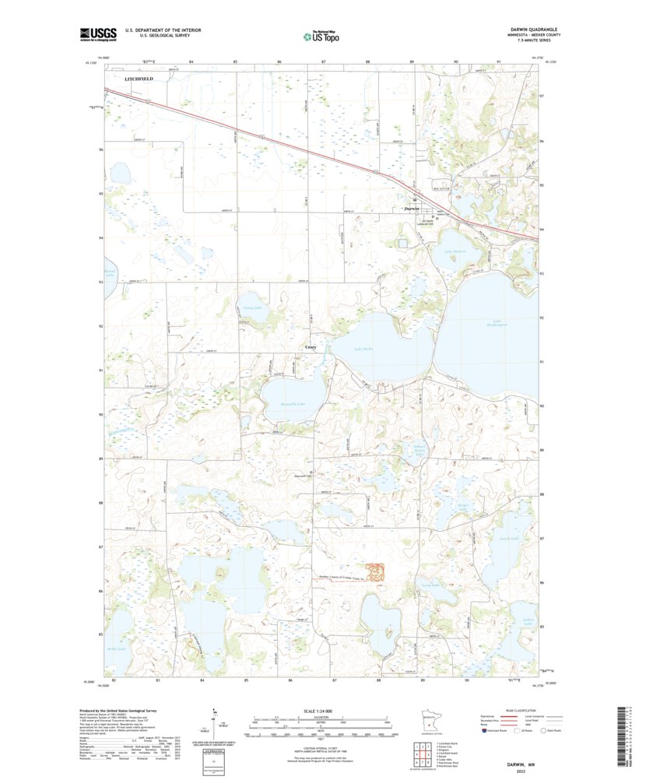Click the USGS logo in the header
tap(97, 33)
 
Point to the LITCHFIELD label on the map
tap(139, 79)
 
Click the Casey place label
tap(310, 347)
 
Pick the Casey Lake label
tap(251, 308)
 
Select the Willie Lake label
tap(117, 626)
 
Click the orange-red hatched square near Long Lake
tap(375, 572)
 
